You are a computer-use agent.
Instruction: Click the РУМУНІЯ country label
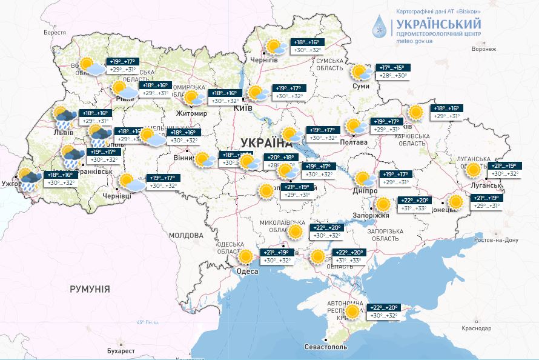tap(90, 289)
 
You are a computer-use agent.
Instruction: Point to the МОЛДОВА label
tap(186, 235)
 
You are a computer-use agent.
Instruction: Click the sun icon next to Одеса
tap(245, 256)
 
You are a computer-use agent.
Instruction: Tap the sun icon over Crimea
tap(352, 312)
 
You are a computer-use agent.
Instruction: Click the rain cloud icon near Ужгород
tap(29, 179)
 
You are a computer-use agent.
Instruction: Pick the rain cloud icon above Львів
tap(64, 116)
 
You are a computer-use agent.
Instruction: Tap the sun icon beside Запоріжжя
tap(382, 204)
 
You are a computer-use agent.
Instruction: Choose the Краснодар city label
tap(475, 328)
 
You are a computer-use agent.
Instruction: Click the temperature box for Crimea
tap(385, 312)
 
